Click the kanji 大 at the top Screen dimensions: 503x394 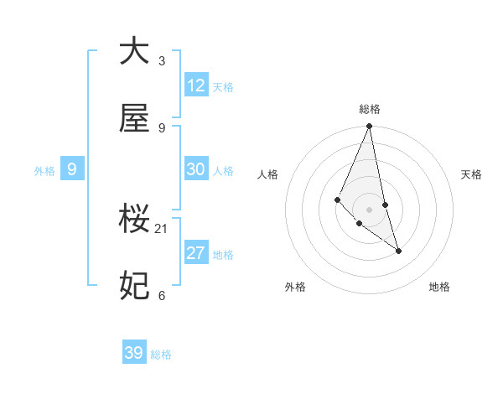(134, 51)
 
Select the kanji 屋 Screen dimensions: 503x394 (134, 119)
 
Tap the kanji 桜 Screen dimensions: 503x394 (134, 220)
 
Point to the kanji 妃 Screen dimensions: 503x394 (134, 286)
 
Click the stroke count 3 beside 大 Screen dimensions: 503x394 (162, 60)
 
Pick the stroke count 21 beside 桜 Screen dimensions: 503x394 (162, 228)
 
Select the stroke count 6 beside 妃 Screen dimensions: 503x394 (162, 295)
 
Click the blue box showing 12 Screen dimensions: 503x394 (196, 86)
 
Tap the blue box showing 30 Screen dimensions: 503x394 (196, 169)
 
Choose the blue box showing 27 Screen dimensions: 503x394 (196, 253)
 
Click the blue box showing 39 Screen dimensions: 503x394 (134, 353)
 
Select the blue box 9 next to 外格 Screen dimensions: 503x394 (72, 169)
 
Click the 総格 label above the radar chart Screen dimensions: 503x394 (370, 109)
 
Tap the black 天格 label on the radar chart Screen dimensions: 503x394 (472, 174)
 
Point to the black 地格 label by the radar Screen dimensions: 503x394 (439, 287)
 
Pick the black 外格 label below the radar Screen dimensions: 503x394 (295, 287)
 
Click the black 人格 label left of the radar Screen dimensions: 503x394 (268, 174)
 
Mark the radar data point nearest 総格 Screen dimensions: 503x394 (369, 127)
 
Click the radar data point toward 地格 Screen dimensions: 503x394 (398, 251)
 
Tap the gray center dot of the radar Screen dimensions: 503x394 (369, 209)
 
